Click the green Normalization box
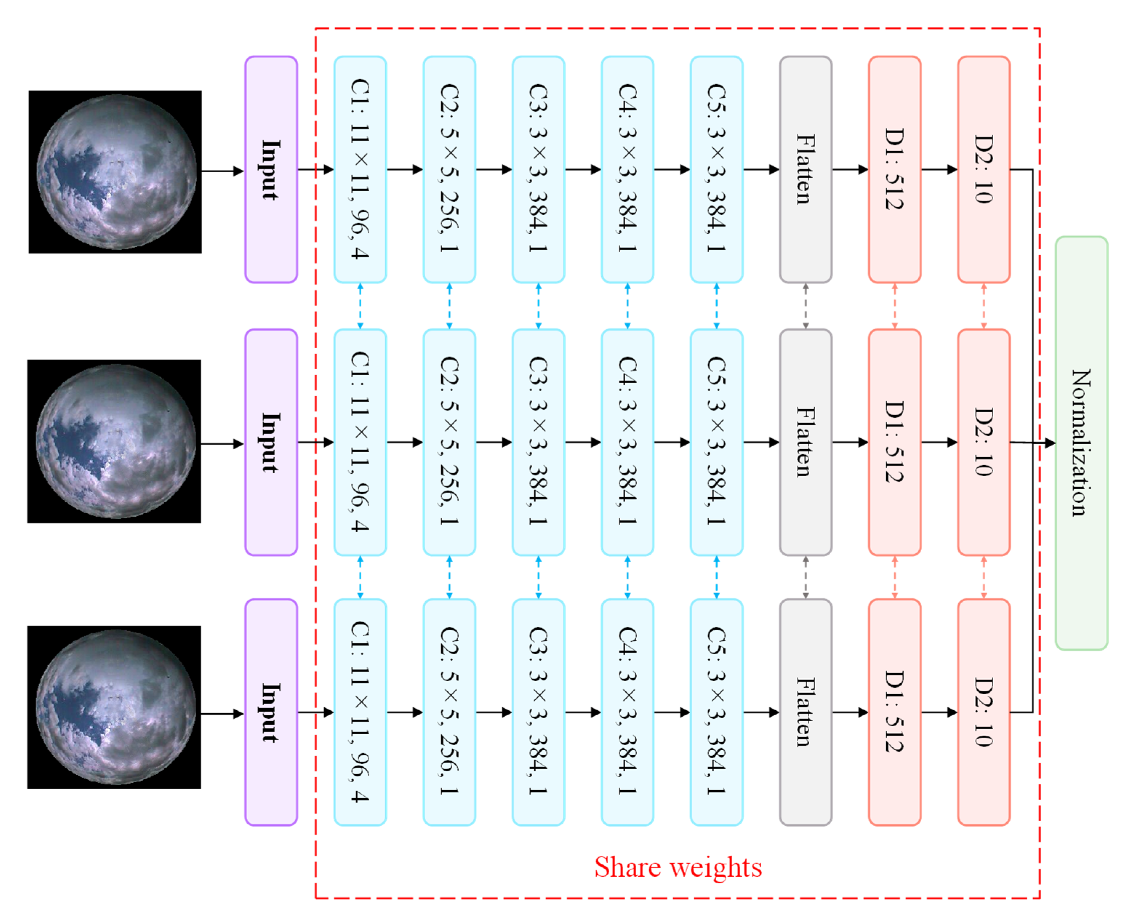click(x=1081, y=443)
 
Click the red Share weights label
click(x=678, y=867)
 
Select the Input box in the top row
click(x=271, y=169)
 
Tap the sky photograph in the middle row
click(x=115, y=441)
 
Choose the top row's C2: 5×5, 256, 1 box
click(x=449, y=169)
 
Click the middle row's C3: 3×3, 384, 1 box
click(x=538, y=442)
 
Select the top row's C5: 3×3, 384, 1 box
click(x=717, y=169)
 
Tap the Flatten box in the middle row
click(x=806, y=442)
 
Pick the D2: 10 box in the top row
click(x=983, y=169)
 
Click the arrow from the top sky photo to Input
click(x=222, y=171)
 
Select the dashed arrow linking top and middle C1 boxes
click(x=360, y=306)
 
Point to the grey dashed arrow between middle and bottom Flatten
click(x=806, y=577)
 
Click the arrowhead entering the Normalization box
click(x=1050, y=443)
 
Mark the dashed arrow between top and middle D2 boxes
click(x=983, y=306)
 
